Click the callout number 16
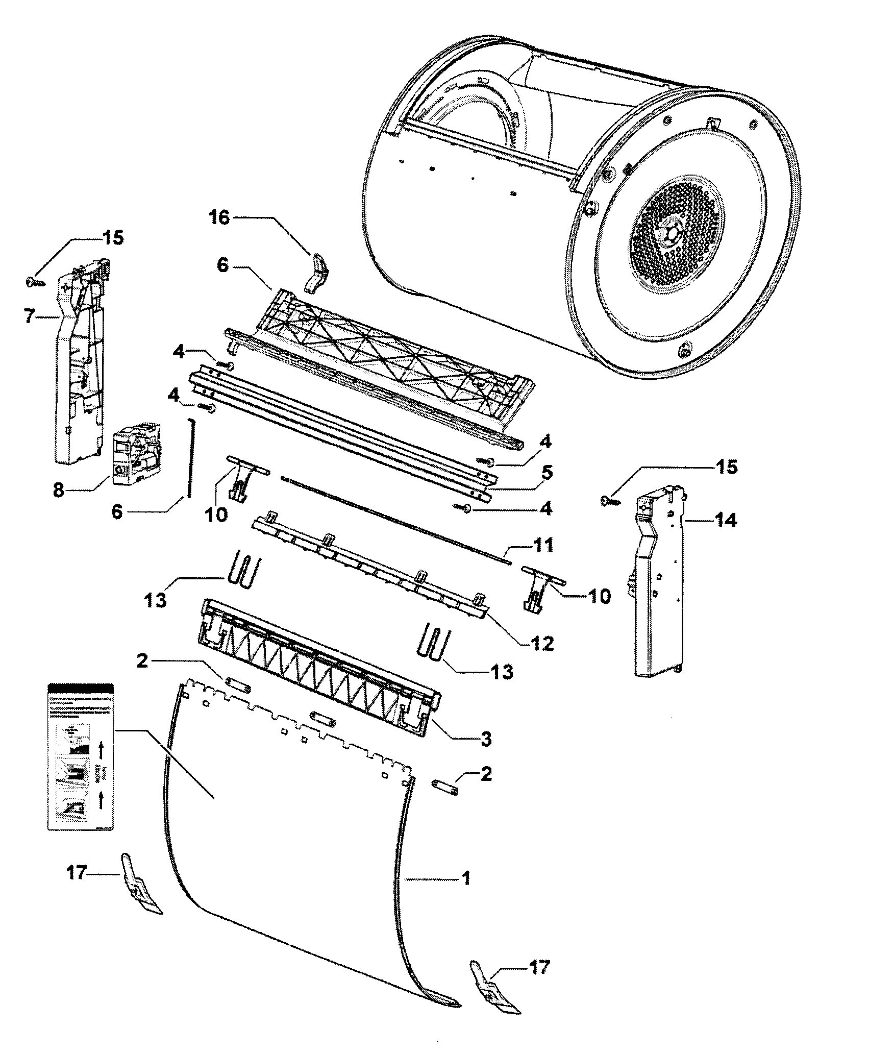[x=219, y=219]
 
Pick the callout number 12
[x=542, y=643]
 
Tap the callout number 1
[x=465, y=878]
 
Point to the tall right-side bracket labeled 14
[x=658, y=587]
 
